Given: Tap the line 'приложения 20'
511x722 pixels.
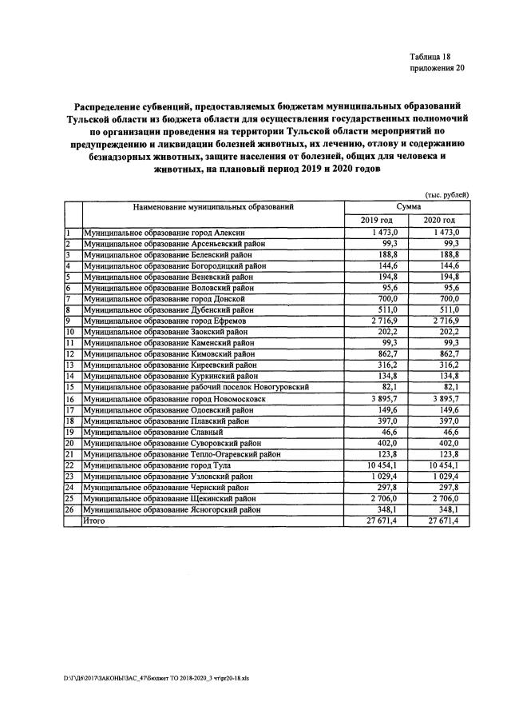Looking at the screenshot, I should point(437,68).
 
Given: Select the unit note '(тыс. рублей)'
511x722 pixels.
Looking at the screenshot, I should point(444,195).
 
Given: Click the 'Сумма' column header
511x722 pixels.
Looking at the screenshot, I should point(406,206).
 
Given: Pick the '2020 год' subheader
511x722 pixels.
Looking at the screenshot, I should point(438,220).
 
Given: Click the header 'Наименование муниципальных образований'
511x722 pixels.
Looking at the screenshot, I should point(213,206).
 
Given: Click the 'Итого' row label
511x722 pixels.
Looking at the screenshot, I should point(94,521).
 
